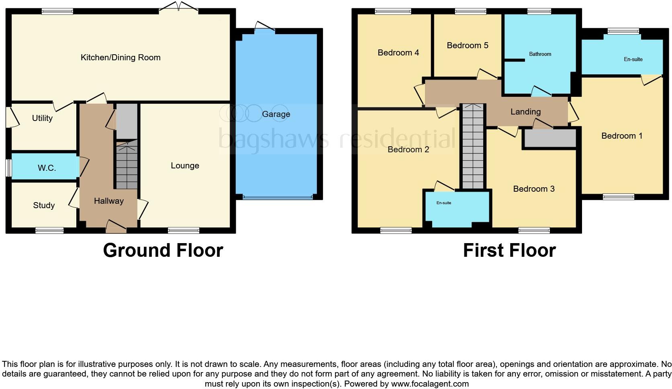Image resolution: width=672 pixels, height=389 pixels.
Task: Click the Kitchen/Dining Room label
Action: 121,57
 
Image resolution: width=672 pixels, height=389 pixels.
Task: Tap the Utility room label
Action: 42,118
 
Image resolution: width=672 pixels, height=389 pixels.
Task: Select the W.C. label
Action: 47,168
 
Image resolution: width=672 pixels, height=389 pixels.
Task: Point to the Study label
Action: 44,205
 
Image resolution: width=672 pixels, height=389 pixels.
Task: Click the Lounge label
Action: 185,166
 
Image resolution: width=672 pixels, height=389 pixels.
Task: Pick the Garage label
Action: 276,114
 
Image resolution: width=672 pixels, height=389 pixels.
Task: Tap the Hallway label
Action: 108,201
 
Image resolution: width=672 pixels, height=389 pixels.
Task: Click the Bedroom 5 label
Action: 468,45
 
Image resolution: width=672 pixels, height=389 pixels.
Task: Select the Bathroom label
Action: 540,54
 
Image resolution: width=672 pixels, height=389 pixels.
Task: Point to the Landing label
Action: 525,112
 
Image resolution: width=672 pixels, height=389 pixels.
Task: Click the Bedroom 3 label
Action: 534,189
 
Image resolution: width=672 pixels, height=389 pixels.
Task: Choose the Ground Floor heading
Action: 163,250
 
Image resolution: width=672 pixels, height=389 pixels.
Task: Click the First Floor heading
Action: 509,250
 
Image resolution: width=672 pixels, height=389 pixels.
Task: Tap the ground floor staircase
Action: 127,165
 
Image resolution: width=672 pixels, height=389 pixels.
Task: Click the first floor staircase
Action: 472,147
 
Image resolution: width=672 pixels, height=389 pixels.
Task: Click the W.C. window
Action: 8,168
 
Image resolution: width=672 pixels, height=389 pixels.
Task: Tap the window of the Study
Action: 49,230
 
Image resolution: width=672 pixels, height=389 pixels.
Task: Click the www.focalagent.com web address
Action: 430,384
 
